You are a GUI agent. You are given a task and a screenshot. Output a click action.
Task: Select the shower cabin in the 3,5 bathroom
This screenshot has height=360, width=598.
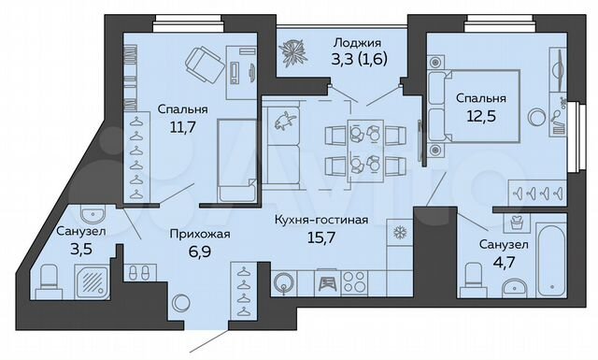coord(90,278)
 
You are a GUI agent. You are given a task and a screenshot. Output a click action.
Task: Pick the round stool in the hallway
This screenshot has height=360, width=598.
coord(180,301)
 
